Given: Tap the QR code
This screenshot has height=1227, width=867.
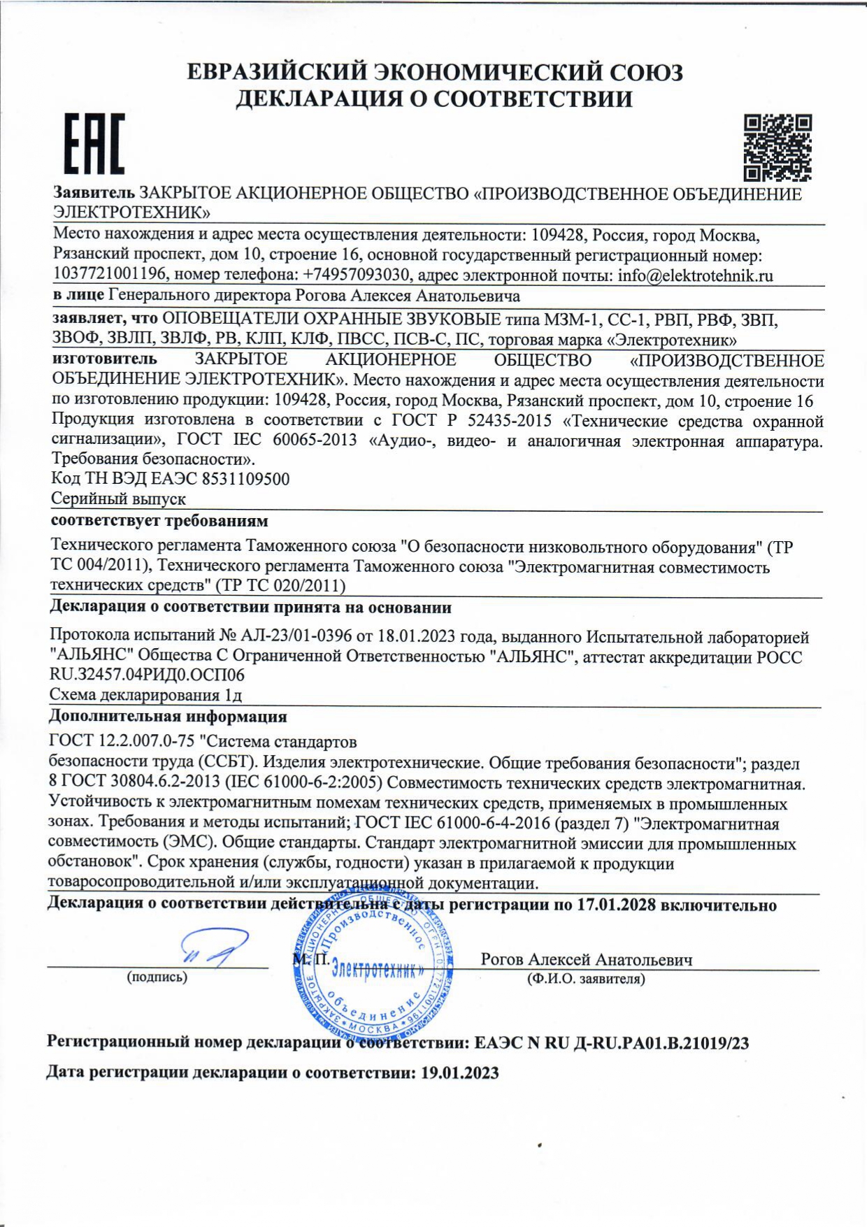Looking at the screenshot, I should [778, 148].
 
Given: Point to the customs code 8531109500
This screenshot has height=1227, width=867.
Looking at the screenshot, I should [245, 479].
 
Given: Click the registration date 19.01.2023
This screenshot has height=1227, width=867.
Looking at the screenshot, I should [459, 1072].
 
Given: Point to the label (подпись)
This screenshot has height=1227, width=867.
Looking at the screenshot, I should [157, 977].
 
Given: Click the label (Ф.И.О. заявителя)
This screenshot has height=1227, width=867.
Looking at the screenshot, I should [586, 979].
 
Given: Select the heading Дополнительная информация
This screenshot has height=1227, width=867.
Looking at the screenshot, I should [168, 717].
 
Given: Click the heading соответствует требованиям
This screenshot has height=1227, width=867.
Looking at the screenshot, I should [159, 521].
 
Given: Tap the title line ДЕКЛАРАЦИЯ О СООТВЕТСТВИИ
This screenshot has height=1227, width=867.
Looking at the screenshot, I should [433, 99].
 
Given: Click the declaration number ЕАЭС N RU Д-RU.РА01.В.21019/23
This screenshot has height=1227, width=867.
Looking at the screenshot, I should [611, 1043].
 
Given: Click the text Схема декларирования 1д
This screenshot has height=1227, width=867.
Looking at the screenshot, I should [145, 695].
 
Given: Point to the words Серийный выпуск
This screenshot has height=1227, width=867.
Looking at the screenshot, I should [119, 498].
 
